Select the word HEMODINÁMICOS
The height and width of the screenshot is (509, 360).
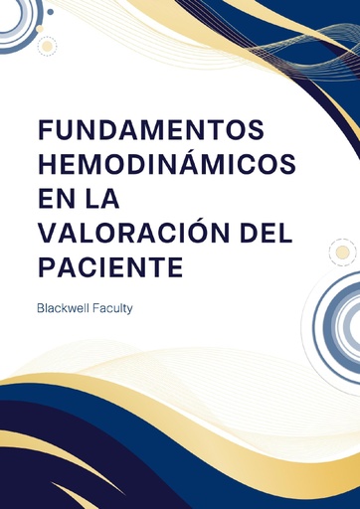tap(158, 164)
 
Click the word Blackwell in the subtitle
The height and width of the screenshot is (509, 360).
tap(69, 308)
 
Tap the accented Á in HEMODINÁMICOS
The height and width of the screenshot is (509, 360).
tap(199, 163)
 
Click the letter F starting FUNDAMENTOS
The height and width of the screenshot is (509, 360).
tap(45, 131)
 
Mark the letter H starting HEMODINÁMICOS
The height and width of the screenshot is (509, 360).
tap(46, 164)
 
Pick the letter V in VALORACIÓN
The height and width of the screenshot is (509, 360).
tap(46, 234)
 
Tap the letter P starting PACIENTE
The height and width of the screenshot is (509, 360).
tap(46, 268)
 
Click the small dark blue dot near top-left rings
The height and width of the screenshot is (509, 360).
tap(50, 12)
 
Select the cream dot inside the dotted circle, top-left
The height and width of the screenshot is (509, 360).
tap(44, 45)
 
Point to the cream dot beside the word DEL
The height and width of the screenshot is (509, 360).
tap(342, 252)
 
